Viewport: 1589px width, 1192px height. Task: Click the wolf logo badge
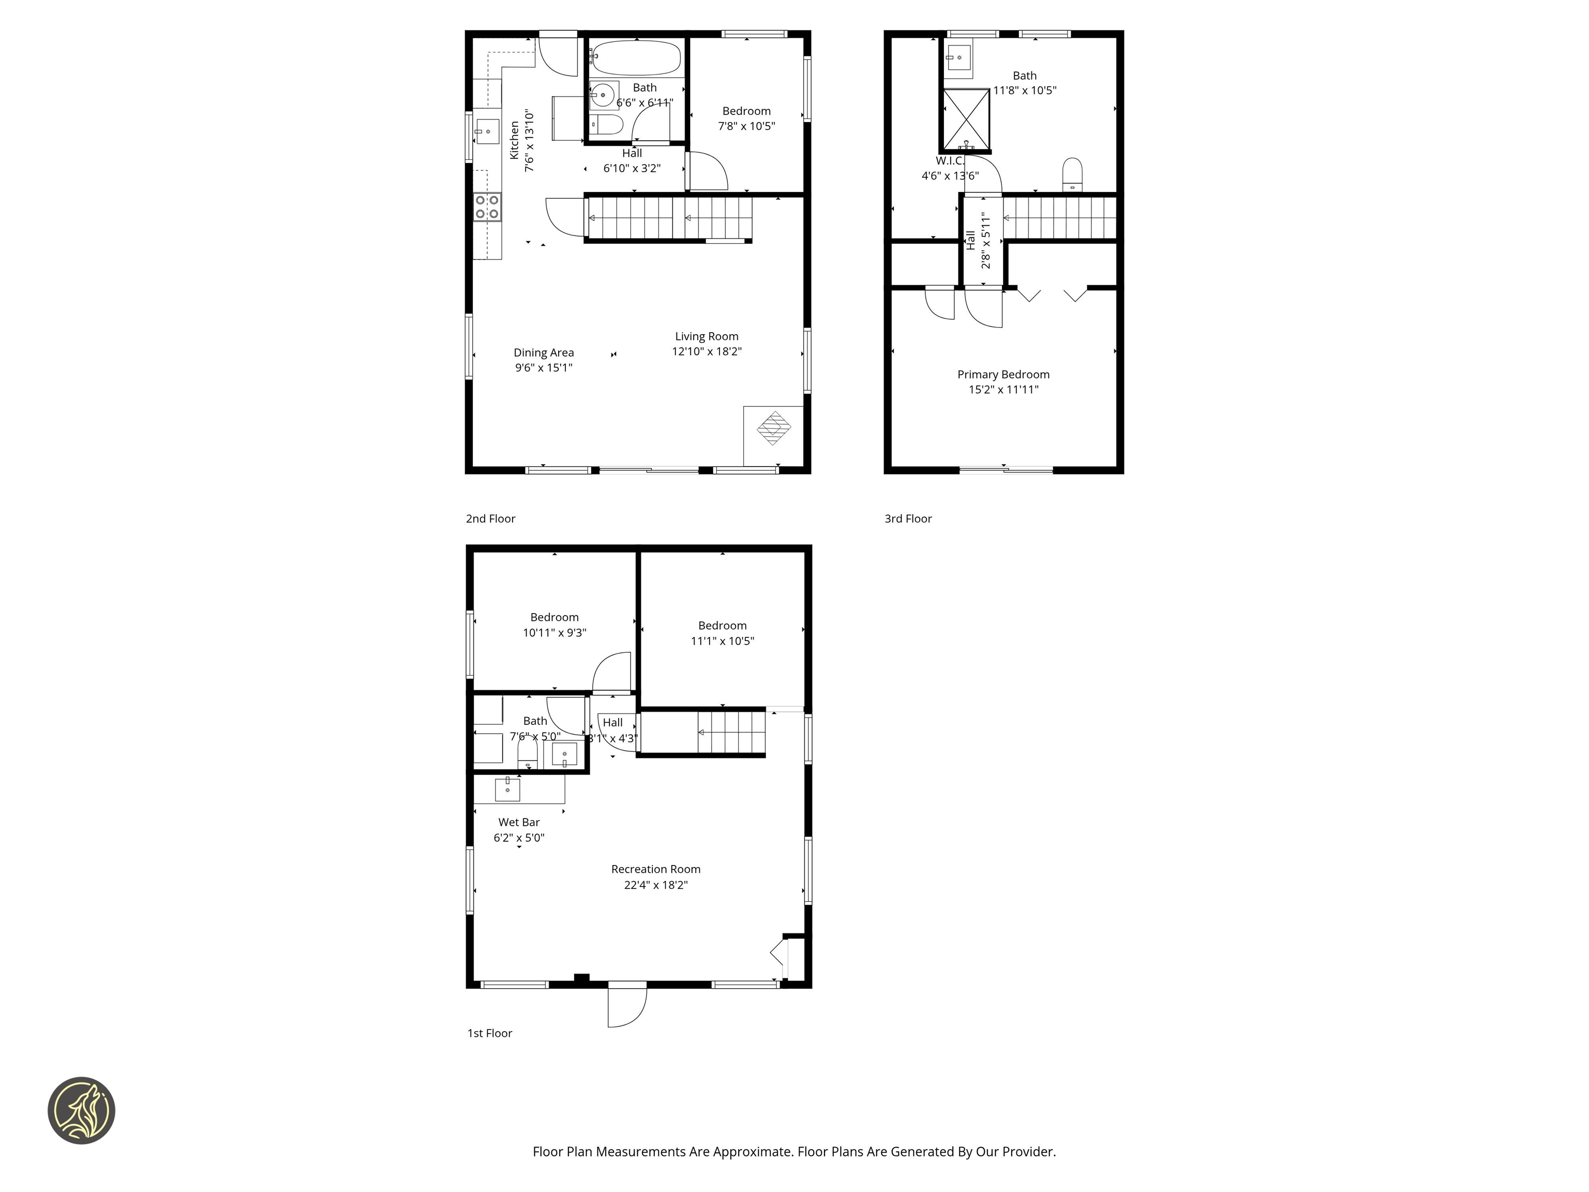[x=81, y=1110]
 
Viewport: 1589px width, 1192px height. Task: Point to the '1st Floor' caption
[x=489, y=1033]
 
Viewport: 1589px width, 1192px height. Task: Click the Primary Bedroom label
[x=1003, y=375]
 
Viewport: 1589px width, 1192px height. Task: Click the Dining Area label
[x=543, y=353]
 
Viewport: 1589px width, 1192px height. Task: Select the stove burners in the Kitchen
[x=487, y=207]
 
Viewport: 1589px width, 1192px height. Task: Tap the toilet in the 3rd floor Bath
[x=1072, y=174]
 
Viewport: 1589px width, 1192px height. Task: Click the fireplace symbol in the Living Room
[x=774, y=428]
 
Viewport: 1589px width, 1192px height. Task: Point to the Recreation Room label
[x=655, y=869]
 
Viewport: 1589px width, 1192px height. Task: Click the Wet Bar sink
[x=507, y=789]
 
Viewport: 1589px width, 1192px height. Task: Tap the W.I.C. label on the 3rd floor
[x=950, y=161]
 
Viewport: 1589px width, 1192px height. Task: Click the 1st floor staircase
[x=730, y=732]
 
